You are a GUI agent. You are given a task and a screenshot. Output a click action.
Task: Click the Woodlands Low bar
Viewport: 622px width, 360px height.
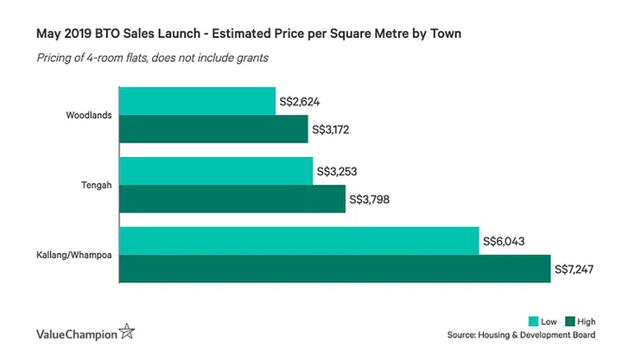point(197,101)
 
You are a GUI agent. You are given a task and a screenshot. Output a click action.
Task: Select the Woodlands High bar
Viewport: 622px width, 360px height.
point(213,129)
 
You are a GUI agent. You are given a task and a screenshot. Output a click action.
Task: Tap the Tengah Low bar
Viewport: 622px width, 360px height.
point(216,171)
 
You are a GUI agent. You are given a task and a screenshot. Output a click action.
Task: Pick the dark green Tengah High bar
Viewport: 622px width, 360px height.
point(232,199)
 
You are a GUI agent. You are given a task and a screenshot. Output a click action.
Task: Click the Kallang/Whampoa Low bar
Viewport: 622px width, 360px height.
point(299,241)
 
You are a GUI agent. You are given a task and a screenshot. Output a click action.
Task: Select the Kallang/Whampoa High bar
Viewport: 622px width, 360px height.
point(334,269)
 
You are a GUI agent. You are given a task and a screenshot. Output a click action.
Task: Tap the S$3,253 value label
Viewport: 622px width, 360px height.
point(338,172)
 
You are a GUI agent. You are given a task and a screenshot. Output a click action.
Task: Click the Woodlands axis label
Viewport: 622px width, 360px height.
point(88,116)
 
